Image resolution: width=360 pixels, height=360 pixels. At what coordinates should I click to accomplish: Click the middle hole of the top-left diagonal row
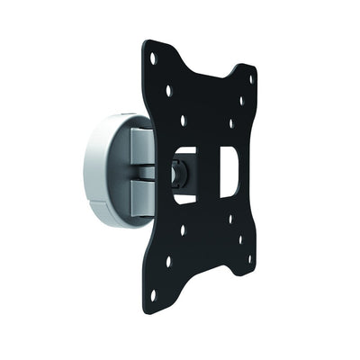click(168, 90)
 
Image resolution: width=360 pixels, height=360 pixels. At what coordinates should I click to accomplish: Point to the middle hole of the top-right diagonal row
click(240, 102)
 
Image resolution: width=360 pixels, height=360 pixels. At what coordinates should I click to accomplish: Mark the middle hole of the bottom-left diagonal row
click(168, 261)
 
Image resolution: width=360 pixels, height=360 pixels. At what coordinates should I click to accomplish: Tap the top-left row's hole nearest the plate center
click(183, 118)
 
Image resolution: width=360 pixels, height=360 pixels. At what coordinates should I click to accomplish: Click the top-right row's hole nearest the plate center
click(230, 123)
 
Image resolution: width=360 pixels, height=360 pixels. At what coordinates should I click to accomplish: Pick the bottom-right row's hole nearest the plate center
click(230, 219)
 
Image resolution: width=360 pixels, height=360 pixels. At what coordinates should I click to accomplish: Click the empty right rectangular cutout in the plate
click(229, 171)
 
